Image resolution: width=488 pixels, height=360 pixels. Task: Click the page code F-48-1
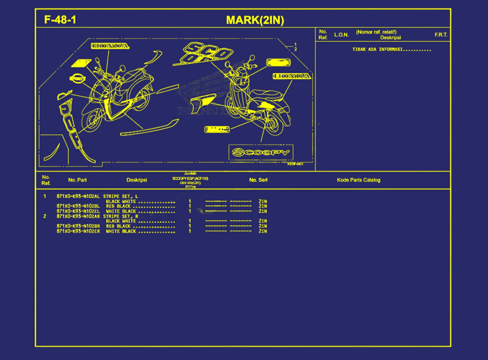60,20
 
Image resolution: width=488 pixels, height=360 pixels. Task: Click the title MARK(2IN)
255,20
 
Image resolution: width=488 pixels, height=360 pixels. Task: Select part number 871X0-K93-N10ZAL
78,196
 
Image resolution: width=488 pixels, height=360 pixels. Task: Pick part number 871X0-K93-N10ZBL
78,206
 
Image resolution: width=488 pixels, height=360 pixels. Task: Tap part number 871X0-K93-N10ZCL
78,211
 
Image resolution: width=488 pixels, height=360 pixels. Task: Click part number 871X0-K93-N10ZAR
78,216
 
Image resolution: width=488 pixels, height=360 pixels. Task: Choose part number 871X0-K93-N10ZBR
78,226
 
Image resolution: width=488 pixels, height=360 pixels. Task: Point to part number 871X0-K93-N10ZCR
78,231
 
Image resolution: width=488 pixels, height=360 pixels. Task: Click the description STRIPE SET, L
120,196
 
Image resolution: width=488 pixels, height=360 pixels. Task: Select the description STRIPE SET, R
120,216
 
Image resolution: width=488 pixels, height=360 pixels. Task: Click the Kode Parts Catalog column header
358,180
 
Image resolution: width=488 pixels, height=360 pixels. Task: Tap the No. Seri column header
258,180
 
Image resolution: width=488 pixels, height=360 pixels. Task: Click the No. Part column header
77,180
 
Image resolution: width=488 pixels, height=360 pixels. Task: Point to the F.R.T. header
441,35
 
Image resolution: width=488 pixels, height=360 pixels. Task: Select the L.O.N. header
341,35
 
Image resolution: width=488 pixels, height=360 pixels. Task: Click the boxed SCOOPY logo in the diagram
261,152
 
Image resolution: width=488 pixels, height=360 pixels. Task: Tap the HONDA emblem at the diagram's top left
110,46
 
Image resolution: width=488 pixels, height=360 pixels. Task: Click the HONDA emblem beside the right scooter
292,76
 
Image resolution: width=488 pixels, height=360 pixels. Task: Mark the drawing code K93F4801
295,164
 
